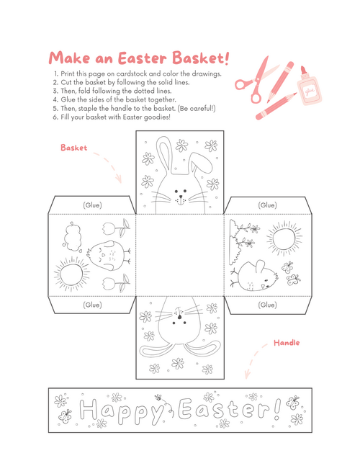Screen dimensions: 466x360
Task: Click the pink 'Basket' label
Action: [x=73, y=148]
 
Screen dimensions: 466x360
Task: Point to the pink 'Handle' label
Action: [x=286, y=343]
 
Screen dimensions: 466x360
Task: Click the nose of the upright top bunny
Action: [x=179, y=194]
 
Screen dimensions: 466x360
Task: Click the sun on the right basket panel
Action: [x=282, y=237]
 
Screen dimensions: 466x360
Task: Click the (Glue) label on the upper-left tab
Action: [x=91, y=205]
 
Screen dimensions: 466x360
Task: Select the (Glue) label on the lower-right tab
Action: [x=267, y=305]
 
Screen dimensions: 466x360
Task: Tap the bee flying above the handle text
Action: [x=158, y=397]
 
